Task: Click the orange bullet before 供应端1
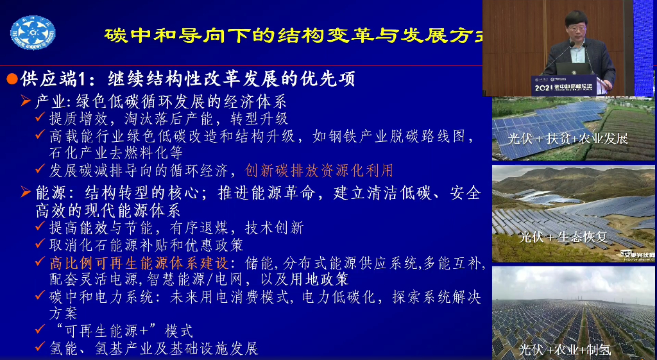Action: pos(12,80)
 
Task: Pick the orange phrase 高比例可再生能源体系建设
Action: pos(139,264)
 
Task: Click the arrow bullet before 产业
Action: pos(26,101)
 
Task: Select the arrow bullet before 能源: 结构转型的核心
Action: pos(26,193)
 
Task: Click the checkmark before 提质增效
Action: pos(40,118)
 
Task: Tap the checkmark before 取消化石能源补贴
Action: pos(40,244)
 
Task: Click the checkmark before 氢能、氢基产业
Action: pos(40,348)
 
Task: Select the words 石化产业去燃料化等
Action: pos(116,153)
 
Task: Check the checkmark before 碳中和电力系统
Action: pos(40,296)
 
